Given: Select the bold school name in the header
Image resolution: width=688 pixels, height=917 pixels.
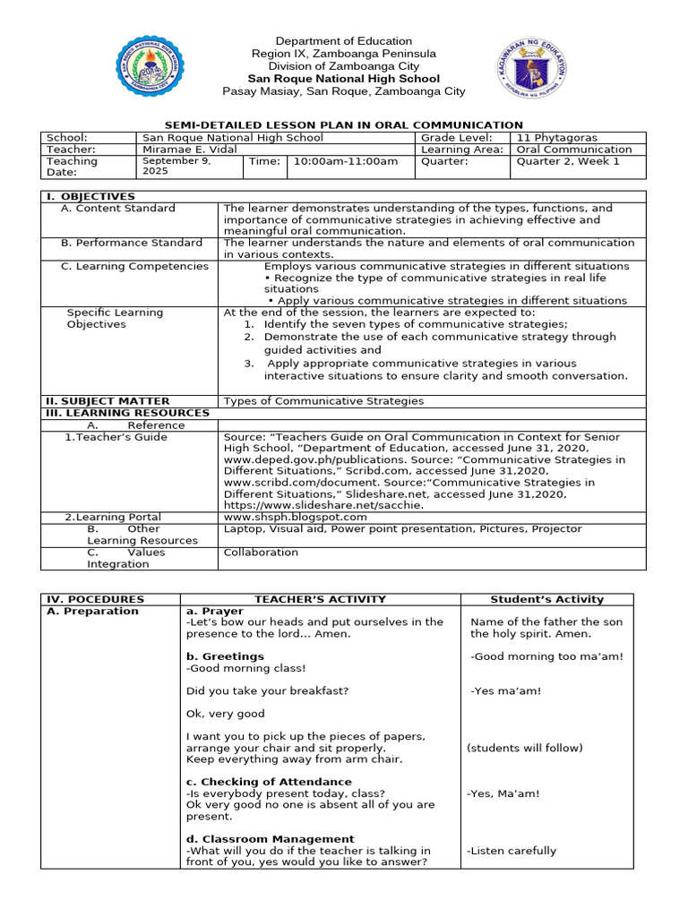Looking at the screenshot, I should tap(343, 79).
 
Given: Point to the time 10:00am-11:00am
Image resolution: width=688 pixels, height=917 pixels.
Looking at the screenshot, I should tap(333, 161).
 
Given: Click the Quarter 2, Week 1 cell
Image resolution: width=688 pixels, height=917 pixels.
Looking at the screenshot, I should tap(568, 161).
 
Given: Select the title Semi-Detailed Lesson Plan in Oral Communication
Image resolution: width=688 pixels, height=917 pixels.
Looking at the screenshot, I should tap(344, 125).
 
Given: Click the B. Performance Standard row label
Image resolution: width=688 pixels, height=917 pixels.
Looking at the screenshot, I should tap(131, 243).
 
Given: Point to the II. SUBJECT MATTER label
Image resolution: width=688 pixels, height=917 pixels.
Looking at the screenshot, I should tap(107, 401).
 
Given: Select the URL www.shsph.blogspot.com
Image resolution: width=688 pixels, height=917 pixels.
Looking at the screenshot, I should tap(295, 517).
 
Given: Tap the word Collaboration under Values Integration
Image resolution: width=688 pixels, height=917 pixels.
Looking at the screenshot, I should tap(261, 552).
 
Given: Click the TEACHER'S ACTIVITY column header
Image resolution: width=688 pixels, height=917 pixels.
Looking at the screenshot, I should tap(320, 599).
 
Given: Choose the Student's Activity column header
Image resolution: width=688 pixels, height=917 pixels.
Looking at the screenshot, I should tap(546, 599).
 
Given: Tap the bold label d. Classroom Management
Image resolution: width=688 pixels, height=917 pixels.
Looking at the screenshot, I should tap(270, 839).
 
